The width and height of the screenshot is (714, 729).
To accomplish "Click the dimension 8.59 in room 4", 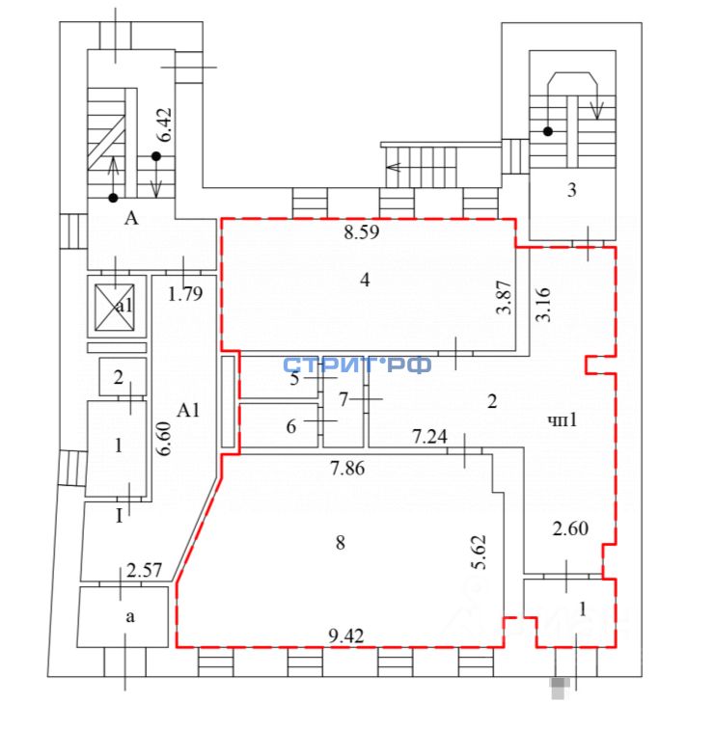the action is point(365,232).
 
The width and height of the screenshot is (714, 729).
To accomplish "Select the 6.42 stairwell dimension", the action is point(165,125).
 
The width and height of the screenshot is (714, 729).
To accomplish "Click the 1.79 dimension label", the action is point(185,294).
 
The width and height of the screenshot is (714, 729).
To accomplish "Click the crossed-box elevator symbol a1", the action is point(117,305).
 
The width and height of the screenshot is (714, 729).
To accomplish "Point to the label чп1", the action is point(563,421).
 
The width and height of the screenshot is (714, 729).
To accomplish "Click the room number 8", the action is point(340,543).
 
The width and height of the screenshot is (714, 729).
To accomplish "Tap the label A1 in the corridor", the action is point(188,411).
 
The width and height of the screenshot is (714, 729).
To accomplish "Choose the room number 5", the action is point(295,378).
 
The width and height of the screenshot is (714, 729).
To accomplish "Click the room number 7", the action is point(343,398).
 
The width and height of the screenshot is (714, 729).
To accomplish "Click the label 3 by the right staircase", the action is point(572,190).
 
